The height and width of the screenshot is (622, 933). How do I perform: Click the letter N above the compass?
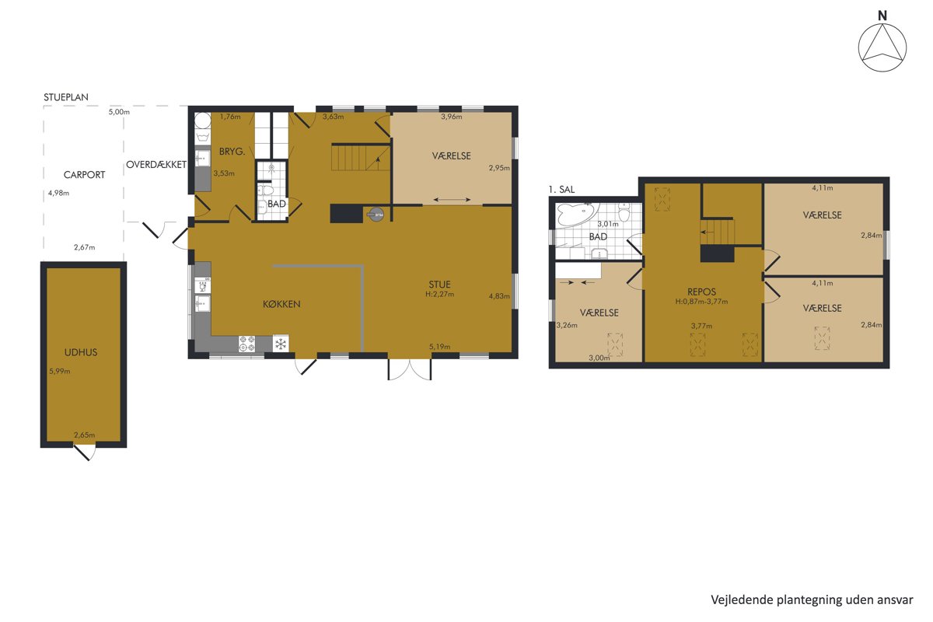(882, 16)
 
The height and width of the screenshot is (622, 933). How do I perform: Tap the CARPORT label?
(84, 175)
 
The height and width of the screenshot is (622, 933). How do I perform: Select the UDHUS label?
(81, 352)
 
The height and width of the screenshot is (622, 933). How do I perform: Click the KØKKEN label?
(281, 304)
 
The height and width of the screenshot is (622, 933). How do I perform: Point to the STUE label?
(439, 285)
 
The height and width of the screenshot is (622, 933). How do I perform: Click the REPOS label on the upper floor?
(701, 292)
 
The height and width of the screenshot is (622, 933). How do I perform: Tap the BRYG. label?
(232, 152)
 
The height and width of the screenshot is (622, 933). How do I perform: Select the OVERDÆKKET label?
(156, 165)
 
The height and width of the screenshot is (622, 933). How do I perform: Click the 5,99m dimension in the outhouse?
(60, 371)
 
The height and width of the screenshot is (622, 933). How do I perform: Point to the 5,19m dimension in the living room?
(439, 347)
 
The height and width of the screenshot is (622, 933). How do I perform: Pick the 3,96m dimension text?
(452, 117)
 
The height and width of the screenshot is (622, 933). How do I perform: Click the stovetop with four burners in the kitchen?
(246, 344)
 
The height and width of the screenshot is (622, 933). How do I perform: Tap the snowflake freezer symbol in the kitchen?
(281, 344)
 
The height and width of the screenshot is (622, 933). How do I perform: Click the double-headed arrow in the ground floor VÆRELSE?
(452, 200)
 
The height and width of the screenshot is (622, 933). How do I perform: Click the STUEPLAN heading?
(66, 97)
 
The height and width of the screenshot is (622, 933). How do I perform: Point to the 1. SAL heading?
(561, 190)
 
